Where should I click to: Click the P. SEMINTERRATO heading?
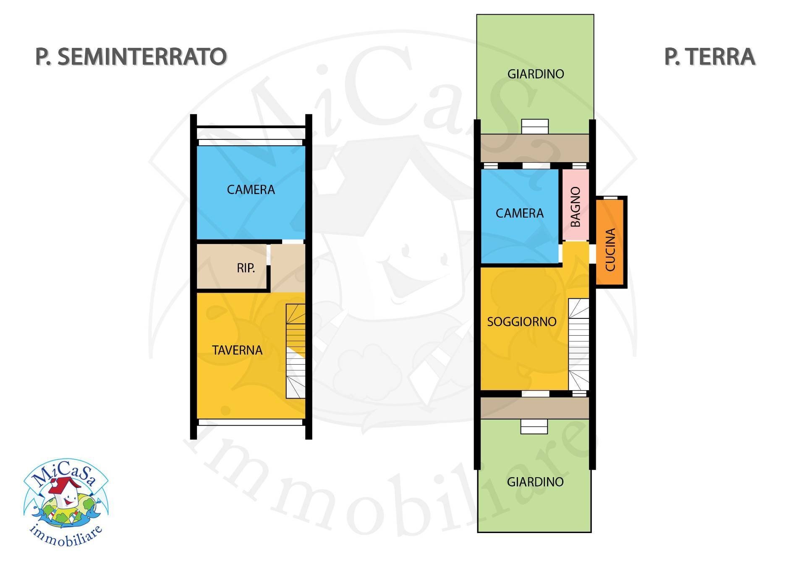(131, 57)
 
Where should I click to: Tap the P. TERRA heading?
(709, 57)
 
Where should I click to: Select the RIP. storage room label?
(246, 268)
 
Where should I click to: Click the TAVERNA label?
(237, 350)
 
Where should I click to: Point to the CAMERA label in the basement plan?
(251, 190)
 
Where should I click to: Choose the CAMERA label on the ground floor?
(519, 213)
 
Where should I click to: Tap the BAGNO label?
(576, 207)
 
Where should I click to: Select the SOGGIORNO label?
(521, 322)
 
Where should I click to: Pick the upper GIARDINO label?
(535, 74)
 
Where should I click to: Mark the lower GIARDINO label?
(535, 482)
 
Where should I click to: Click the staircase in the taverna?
(296, 351)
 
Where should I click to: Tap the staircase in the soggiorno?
(578, 344)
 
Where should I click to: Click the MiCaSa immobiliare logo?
(66, 502)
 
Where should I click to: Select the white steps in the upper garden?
(535, 126)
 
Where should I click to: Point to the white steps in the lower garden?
(534, 427)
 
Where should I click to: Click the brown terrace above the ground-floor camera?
(534, 148)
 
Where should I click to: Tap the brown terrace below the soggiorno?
(534, 408)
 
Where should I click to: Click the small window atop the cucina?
(610, 197)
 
